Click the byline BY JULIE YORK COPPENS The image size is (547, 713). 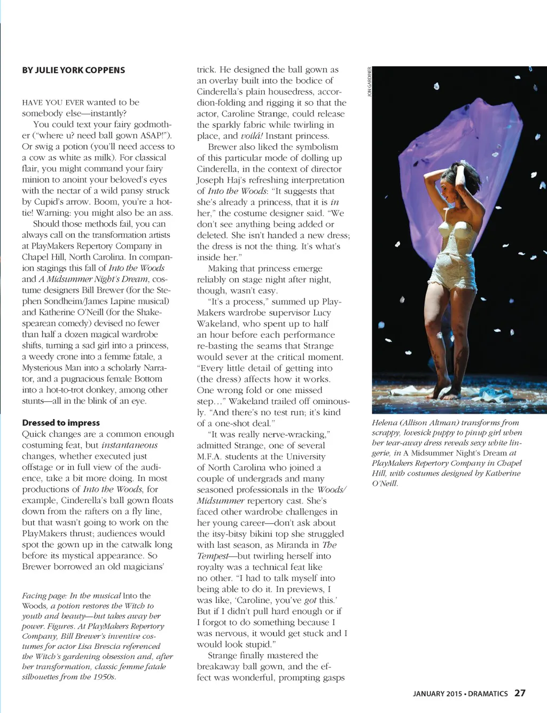tap(73, 70)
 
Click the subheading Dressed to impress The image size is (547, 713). tap(61, 423)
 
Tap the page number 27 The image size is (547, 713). tap(520, 693)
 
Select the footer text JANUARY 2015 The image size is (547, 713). tap(437, 694)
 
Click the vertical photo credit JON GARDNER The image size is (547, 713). tap(369, 82)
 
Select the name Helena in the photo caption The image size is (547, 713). tap(385, 423)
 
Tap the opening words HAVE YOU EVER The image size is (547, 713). tap(53, 102)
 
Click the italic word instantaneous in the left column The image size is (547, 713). tap(129, 445)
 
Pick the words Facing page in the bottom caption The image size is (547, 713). tap(44, 596)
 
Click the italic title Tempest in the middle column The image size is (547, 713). tap(212, 556)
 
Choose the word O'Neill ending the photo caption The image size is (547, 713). tap(385, 484)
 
